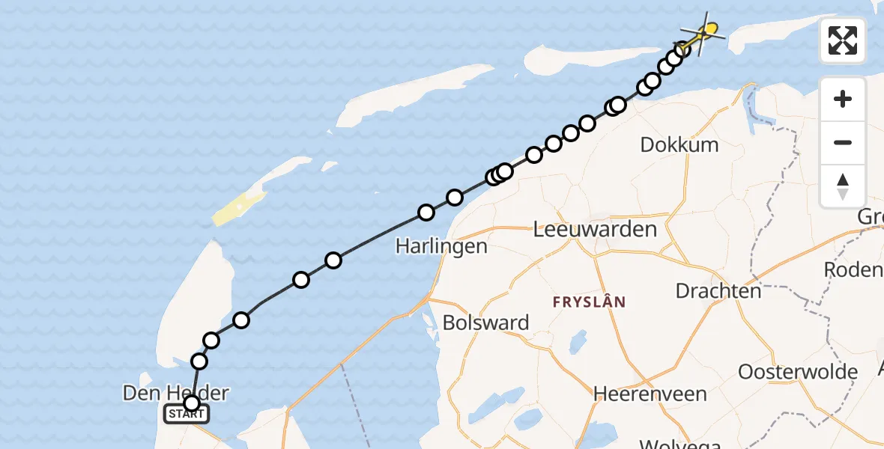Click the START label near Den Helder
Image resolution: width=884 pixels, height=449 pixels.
[x=187, y=414]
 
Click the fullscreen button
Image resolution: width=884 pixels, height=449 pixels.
[x=843, y=40]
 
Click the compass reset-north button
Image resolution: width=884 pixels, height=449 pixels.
[x=843, y=186]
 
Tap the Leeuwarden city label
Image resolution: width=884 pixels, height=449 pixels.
[x=595, y=230]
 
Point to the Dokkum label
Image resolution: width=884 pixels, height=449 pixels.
[x=679, y=145]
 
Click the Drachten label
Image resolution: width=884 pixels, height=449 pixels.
[x=718, y=290]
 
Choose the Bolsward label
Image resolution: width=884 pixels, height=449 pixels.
[x=485, y=323]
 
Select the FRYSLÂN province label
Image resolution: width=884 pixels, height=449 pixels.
[x=590, y=302]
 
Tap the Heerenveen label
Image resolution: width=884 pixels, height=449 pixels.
[x=650, y=394]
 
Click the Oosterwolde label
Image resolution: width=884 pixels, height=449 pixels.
[x=798, y=372]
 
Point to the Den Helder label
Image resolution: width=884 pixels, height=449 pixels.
[x=177, y=392]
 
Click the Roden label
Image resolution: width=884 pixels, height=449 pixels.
[x=853, y=269]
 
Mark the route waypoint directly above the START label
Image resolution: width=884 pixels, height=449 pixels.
[x=192, y=403]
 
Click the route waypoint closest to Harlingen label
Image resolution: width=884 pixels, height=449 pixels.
[x=426, y=213]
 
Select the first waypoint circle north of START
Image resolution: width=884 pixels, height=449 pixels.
[x=199, y=362]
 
